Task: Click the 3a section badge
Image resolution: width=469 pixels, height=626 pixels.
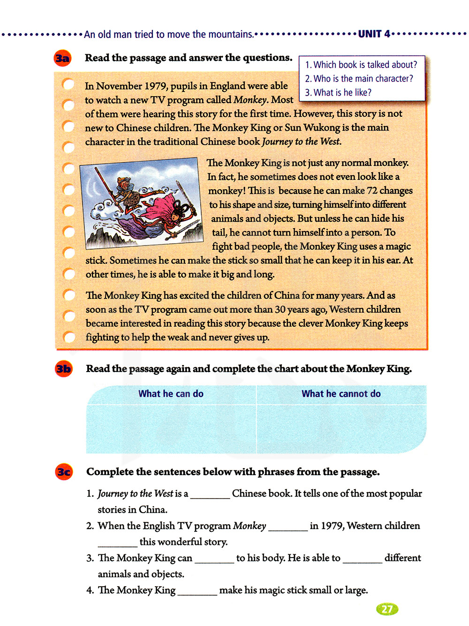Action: click(62, 58)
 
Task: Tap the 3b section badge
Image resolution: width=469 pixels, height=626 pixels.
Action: click(63, 369)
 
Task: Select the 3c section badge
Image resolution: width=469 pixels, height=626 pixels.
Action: click(64, 472)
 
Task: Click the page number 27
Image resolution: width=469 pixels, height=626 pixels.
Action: click(387, 609)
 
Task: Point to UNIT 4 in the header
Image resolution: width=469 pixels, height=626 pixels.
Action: click(374, 34)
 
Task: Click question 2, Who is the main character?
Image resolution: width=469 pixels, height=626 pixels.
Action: click(359, 79)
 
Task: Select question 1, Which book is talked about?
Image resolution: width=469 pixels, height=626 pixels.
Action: click(361, 65)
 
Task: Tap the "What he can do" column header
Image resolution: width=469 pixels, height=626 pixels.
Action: click(171, 394)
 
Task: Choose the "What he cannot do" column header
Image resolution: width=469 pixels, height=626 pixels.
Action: click(341, 394)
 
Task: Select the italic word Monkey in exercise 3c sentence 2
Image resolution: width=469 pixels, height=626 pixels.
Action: click(250, 526)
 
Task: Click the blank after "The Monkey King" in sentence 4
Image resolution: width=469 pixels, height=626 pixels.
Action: click(197, 591)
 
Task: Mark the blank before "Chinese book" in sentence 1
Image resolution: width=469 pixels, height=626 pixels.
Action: click(210, 495)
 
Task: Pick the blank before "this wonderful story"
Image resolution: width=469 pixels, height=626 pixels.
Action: click(117, 543)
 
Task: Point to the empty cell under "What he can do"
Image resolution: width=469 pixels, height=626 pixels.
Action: click(171, 429)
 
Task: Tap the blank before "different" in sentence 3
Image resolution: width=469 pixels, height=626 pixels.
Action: click(362, 559)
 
